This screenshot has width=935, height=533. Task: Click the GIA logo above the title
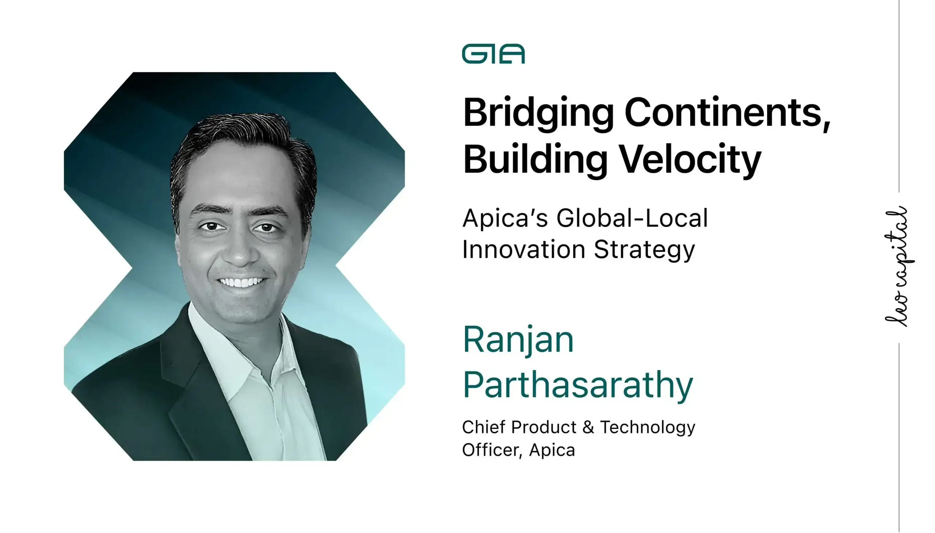click(x=493, y=54)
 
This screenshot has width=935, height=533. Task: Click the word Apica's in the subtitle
click(x=505, y=218)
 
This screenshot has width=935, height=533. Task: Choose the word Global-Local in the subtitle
click(x=632, y=218)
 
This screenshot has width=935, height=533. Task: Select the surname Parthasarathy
click(x=578, y=385)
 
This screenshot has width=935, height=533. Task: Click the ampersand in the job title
click(x=588, y=427)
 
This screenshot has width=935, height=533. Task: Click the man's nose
click(x=240, y=249)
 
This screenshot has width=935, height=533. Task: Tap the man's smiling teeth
click(x=241, y=283)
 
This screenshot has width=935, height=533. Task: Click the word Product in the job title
click(x=543, y=427)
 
